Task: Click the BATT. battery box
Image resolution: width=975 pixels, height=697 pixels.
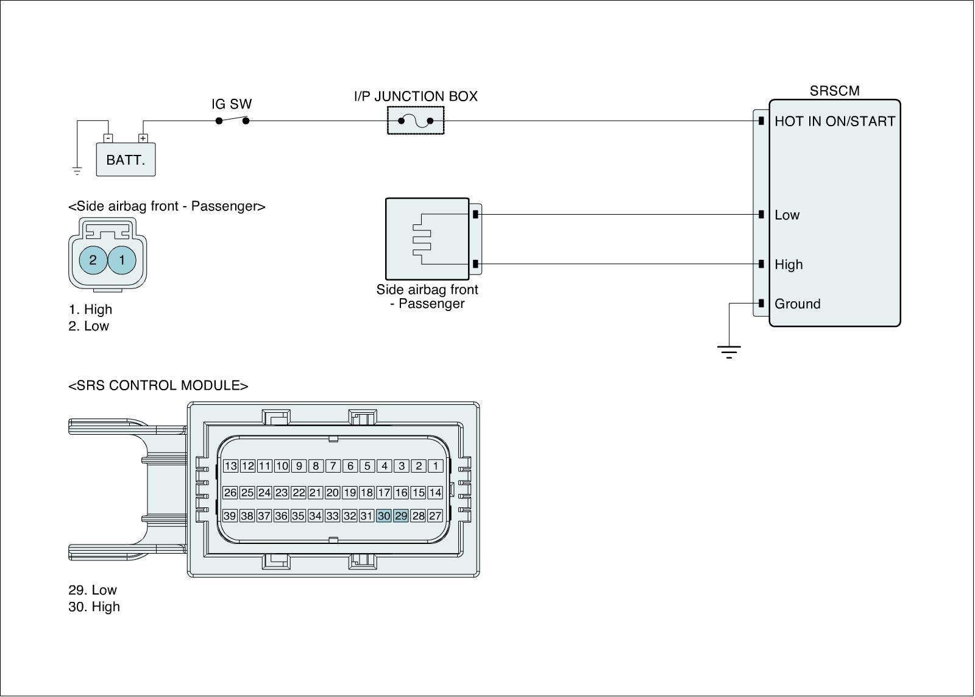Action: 126,159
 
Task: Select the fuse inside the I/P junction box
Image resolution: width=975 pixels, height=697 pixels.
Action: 416,121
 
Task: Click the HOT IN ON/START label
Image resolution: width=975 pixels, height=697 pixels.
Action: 834,121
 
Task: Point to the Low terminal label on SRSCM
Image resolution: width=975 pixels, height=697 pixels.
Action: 787,215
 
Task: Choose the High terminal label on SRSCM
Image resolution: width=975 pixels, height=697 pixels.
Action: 789,265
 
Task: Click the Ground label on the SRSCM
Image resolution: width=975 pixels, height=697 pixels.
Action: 798,304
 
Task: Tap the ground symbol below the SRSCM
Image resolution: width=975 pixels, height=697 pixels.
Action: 729,352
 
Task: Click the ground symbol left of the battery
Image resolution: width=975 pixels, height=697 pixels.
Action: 77,171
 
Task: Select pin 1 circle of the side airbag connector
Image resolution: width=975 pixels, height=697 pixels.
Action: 122,260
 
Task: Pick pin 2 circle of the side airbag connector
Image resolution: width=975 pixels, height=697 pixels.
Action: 93,260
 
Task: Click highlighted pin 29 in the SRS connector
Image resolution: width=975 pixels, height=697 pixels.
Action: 401,516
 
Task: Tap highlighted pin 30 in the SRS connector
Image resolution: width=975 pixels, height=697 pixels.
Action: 384,516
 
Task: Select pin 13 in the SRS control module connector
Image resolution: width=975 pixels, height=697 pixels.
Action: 230,466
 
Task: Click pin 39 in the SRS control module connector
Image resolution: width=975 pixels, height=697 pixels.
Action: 229,516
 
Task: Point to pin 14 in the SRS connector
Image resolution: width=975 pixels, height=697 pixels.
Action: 435,493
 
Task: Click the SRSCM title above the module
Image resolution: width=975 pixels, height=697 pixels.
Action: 834,91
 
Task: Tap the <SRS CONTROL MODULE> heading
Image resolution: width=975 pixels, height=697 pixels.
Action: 158,385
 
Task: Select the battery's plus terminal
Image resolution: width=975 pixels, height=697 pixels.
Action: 143,138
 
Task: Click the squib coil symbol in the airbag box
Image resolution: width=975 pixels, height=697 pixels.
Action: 422,239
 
